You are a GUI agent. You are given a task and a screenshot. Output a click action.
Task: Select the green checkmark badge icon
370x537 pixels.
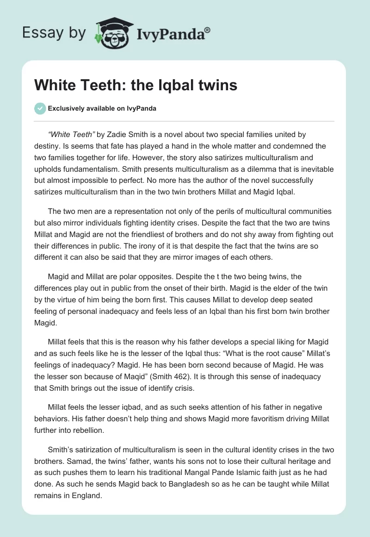tap(40, 109)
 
